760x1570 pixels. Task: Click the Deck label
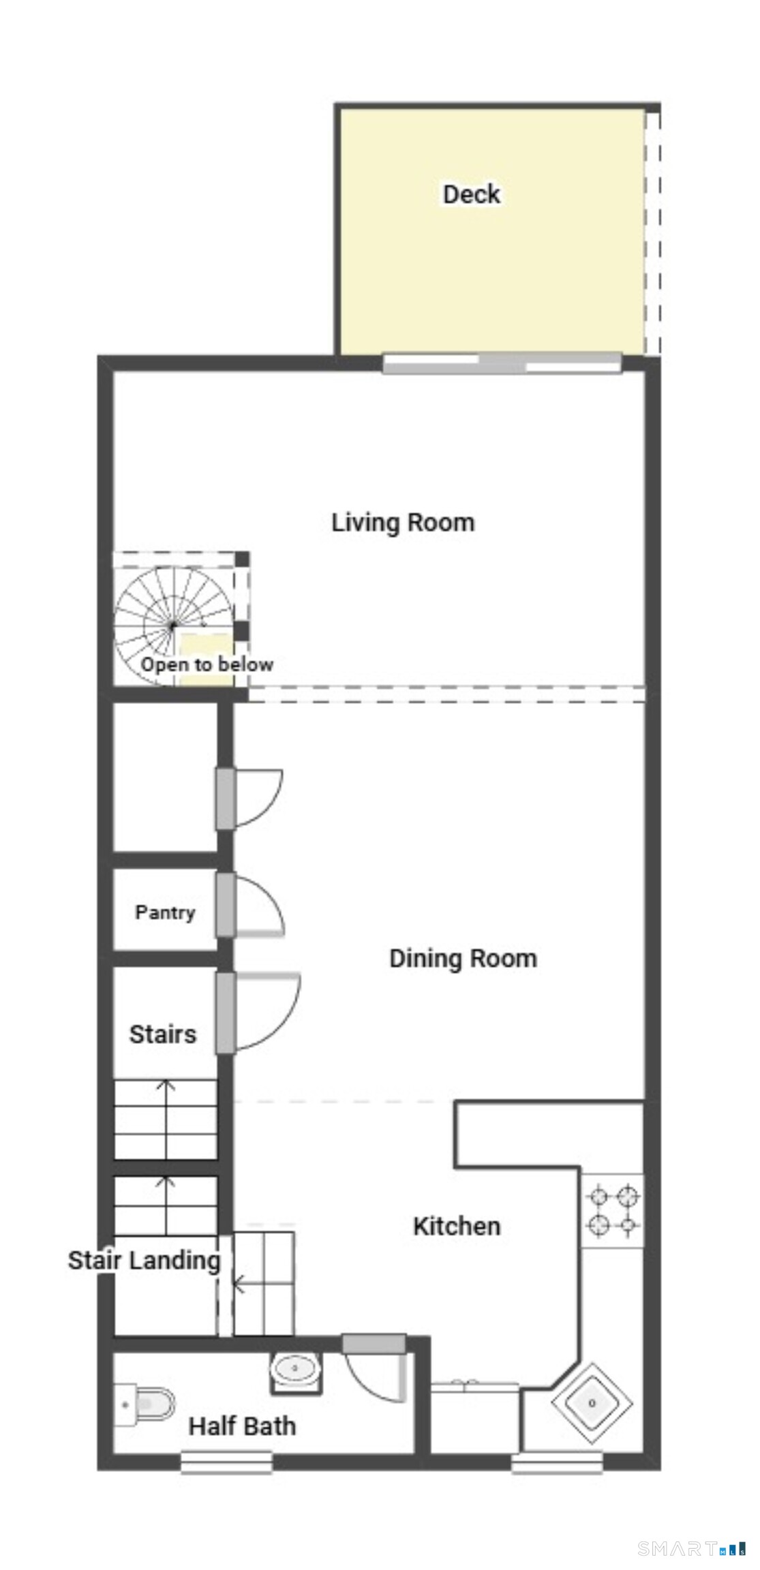(472, 194)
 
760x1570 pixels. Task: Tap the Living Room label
(403, 523)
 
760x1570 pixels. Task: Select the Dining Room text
(463, 959)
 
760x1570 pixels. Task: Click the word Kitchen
(457, 1227)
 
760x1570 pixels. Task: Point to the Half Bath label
(242, 1426)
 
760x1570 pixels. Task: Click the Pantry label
(165, 912)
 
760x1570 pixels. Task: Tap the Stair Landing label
(144, 1261)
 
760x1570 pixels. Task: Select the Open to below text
(207, 664)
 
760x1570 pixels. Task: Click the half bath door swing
(377, 1376)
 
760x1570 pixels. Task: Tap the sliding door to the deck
(502, 363)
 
